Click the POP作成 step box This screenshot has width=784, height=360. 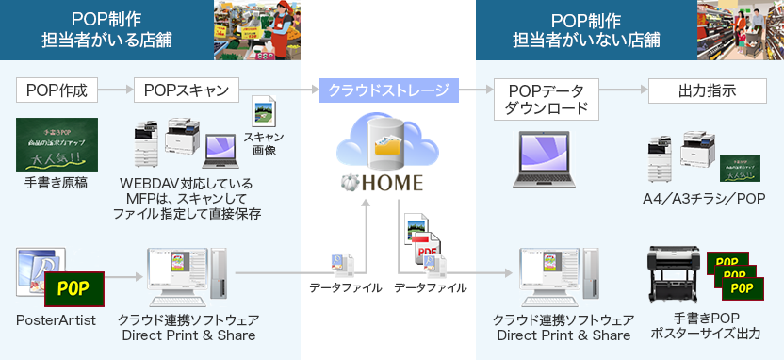click(x=57, y=90)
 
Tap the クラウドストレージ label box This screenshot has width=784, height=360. click(x=388, y=90)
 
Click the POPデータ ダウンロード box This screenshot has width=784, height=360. click(x=546, y=99)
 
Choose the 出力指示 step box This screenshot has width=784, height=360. click(x=707, y=90)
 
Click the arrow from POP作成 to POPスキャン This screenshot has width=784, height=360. click(x=115, y=90)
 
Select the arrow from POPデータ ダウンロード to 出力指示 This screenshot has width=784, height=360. click(x=623, y=90)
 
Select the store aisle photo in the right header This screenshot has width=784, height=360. click(x=739, y=30)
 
